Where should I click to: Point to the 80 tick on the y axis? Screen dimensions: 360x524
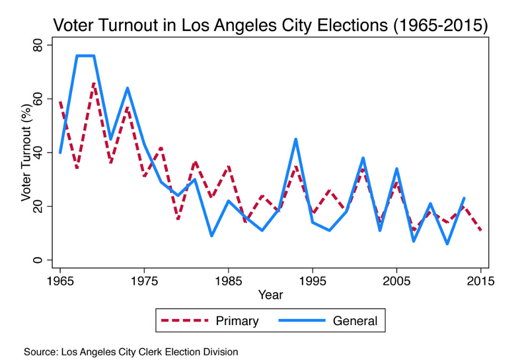(x=38, y=45)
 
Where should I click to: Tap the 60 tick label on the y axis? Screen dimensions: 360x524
(x=38, y=98)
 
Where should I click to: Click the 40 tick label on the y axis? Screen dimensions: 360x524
(x=38, y=153)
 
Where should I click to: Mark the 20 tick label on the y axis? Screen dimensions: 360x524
(x=38, y=207)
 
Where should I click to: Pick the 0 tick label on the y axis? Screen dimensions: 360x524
(x=38, y=260)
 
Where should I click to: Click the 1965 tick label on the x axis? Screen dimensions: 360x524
(x=60, y=281)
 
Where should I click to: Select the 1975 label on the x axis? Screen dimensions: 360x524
(x=145, y=281)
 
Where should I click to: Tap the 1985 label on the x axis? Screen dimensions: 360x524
(x=229, y=281)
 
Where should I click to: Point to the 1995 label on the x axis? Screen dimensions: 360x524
(x=313, y=281)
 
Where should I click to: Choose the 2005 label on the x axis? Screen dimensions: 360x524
(x=396, y=281)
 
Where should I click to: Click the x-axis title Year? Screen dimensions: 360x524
(x=270, y=294)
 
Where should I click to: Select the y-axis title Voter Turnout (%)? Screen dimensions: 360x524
(x=25, y=153)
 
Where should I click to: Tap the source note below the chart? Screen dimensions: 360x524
(x=130, y=351)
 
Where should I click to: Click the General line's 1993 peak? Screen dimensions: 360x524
(x=295, y=139)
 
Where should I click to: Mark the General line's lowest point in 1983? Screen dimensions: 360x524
(x=211, y=236)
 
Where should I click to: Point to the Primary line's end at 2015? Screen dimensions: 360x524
(x=480, y=231)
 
